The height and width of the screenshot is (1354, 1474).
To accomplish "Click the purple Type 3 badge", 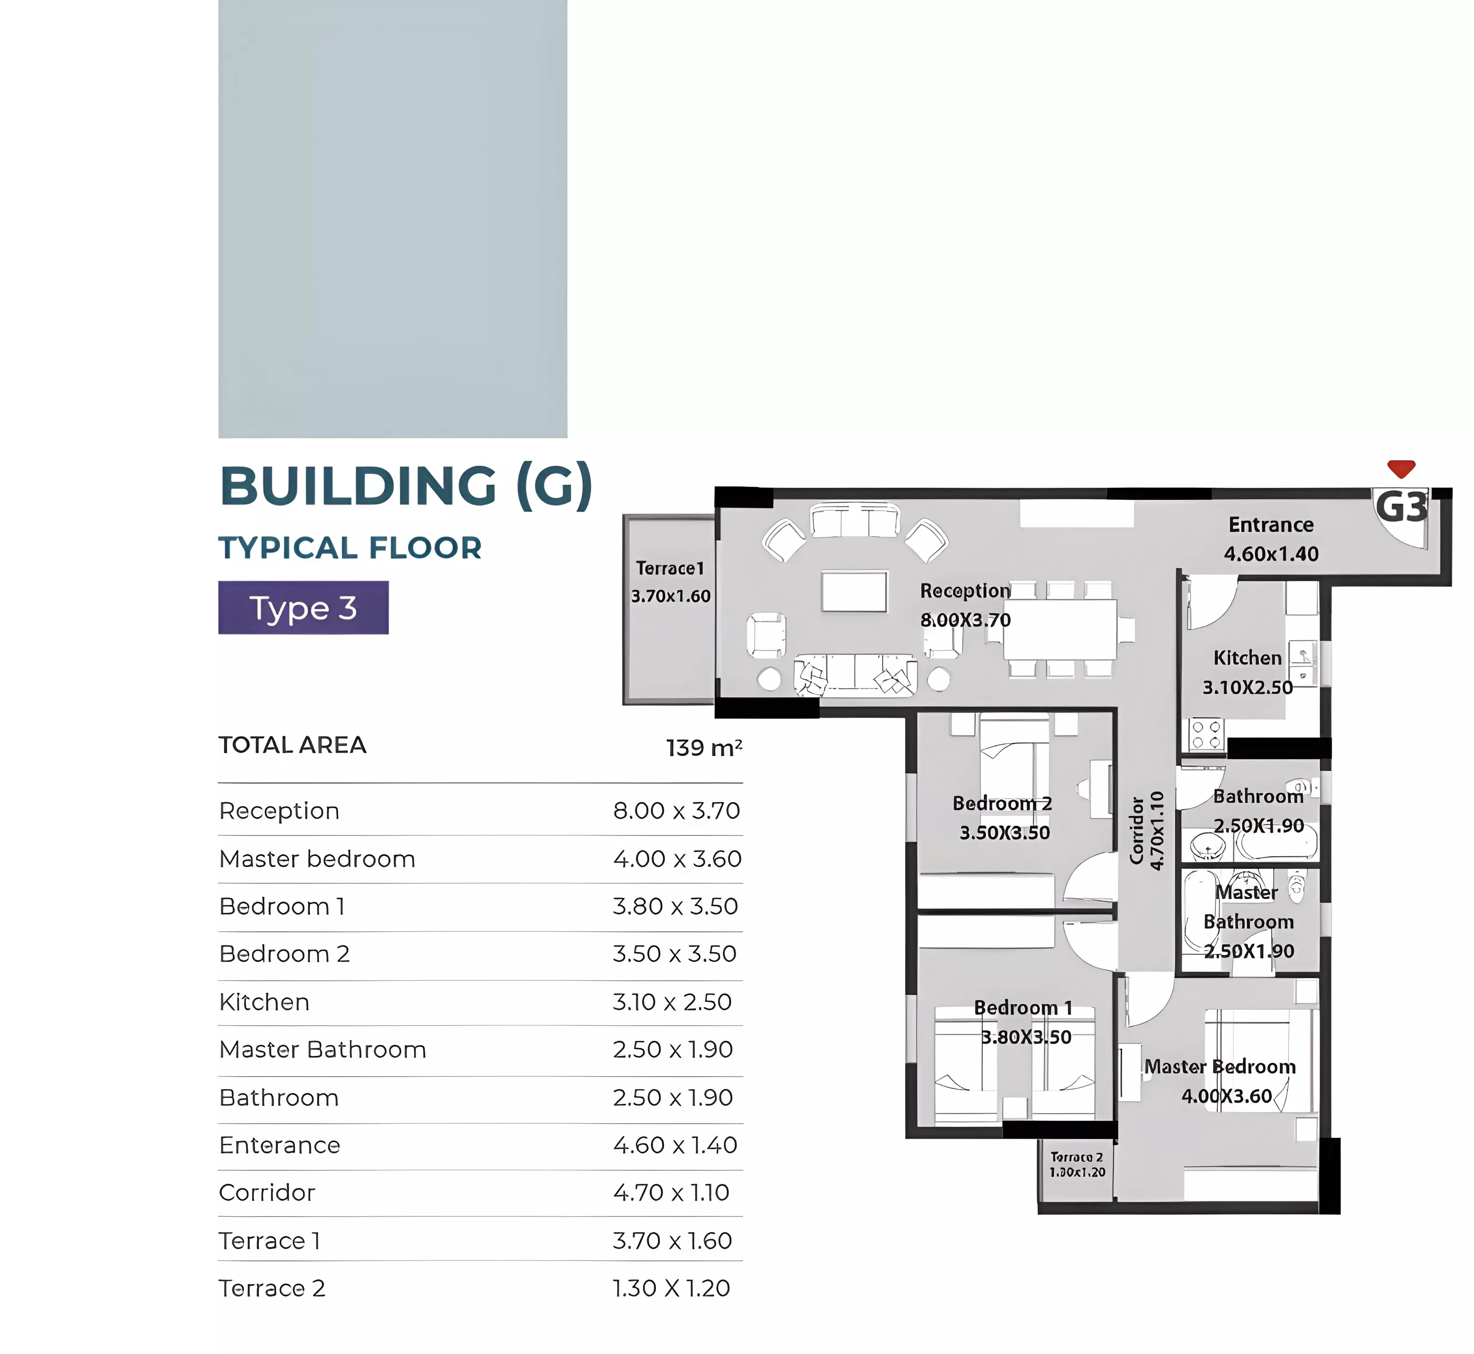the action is click(x=303, y=607).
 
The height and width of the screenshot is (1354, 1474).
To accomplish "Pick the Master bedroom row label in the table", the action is click(x=317, y=858).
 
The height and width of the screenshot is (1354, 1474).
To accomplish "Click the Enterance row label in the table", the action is click(x=280, y=1145).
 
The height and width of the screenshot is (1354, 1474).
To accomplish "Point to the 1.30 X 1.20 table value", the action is click(x=671, y=1288).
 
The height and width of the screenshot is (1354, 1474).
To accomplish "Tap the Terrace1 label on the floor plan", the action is click(x=670, y=568).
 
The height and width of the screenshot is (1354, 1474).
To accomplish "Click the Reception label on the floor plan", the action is click(x=965, y=590).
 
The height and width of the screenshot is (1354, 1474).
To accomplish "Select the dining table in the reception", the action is click(x=1059, y=630).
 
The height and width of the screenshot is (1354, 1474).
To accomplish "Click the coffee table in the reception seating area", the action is click(x=854, y=591).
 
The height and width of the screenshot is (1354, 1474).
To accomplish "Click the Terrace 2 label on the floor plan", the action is click(x=1076, y=1157).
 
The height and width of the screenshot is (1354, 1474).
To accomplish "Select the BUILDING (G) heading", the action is click(x=406, y=486).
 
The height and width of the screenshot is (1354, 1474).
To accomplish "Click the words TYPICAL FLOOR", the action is click(x=350, y=548).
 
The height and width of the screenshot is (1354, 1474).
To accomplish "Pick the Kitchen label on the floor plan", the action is click(x=1247, y=658).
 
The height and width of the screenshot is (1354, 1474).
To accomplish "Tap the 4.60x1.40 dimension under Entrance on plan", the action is click(x=1271, y=554).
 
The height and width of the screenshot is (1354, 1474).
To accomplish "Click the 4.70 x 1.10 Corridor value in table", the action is click(x=671, y=1193).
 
